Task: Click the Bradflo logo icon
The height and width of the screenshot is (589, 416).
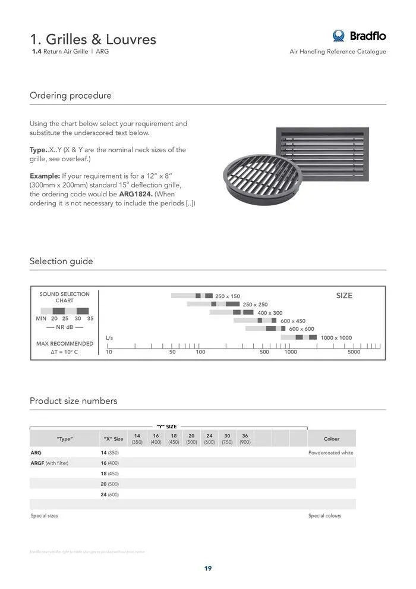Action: point(339,36)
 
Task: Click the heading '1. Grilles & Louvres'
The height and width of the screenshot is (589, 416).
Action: point(93,39)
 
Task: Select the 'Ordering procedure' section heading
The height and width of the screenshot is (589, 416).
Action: point(70,96)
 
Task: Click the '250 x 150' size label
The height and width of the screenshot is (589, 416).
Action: point(228,296)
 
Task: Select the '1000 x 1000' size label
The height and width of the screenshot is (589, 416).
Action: point(336,338)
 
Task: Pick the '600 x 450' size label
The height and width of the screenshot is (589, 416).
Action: point(293,321)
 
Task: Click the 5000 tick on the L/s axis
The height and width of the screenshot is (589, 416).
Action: point(354,352)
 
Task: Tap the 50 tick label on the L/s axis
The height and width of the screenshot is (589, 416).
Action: point(172,352)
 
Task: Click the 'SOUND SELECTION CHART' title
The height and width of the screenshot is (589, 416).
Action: point(64,297)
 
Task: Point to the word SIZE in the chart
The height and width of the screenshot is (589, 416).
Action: point(344,296)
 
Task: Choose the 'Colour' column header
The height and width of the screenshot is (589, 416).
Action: point(332,439)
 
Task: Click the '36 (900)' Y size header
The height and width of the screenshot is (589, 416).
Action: point(245,439)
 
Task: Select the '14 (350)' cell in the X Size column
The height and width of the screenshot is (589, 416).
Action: point(110,453)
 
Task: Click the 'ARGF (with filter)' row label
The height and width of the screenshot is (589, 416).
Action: point(49,463)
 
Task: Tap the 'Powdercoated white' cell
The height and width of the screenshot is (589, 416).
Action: point(330,453)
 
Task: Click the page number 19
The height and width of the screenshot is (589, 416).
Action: point(208,568)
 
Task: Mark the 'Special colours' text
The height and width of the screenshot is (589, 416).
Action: point(324,516)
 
